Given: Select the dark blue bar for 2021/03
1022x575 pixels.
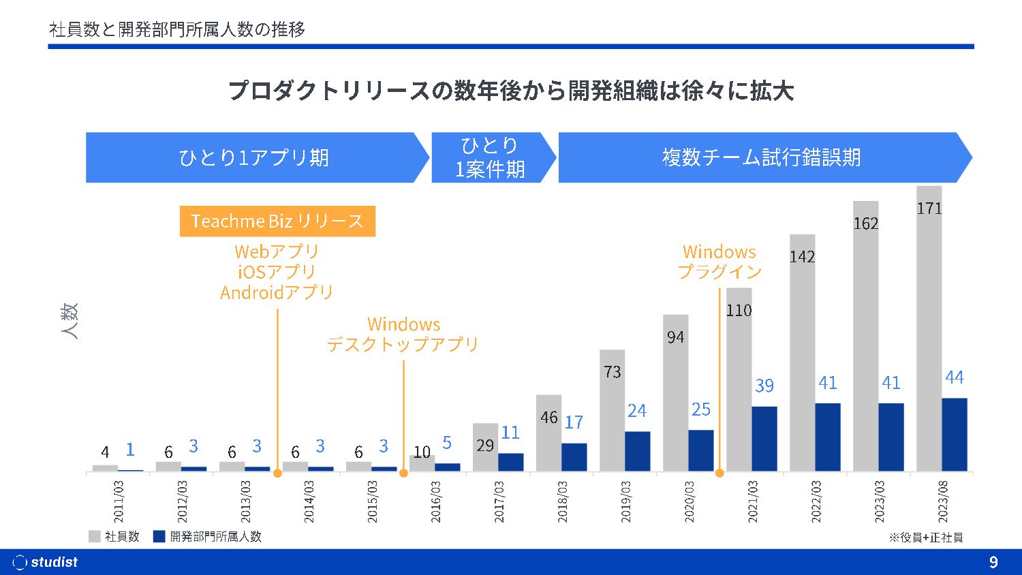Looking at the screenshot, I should coord(764,439).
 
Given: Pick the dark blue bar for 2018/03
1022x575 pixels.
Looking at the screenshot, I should coord(574,457).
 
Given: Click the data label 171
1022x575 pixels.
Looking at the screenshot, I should coord(929,208).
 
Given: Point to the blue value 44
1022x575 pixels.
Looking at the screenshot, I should coord(954,377).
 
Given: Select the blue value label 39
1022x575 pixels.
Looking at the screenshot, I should coord(764,386).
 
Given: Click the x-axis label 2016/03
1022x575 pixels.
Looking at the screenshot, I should coord(436,502).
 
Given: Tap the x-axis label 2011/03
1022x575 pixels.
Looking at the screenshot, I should coord(119,502).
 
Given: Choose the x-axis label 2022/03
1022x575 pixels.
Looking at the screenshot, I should coord(816,502).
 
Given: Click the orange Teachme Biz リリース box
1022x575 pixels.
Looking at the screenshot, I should coord(277,221).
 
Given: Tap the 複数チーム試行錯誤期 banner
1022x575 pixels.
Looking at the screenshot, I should coord(762,157).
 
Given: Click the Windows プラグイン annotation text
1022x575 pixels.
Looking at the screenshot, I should coord(719,262).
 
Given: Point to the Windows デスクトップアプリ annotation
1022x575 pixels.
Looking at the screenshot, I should coord(403,334).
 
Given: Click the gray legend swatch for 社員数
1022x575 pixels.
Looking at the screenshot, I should coord(95,536).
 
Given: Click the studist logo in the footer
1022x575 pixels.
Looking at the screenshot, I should coord(46,562).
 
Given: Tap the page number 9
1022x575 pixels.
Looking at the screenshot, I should coord(993,562).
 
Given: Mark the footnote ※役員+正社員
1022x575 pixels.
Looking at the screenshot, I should coord(925,538).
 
